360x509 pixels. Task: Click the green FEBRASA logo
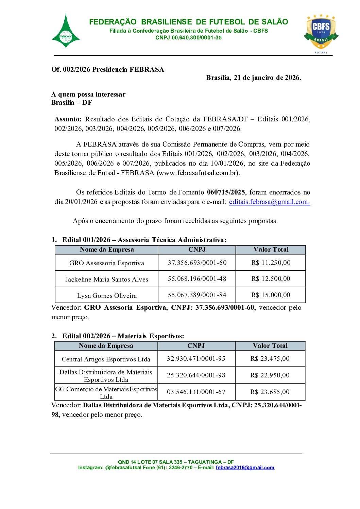pyautogui.click(x=66, y=32)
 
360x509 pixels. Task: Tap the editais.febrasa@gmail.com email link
pyautogui.click(x=269, y=202)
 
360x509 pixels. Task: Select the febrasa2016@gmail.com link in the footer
pyautogui.click(x=245, y=468)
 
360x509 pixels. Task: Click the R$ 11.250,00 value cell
pyautogui.click(x=271, y=262)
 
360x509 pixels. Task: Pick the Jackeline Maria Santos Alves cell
pyautogui.click(x=107, y=279)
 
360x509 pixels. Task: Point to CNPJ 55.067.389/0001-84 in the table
pyautogui.click(x=197, y=295)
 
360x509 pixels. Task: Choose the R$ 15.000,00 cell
pyautogui.click(x=271, y=295)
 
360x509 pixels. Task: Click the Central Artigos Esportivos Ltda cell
pyautogui.click(x=106, y=359)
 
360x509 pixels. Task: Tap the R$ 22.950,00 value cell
pyautogui.click(x=270, y=375)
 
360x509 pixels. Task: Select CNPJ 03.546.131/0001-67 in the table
pyautogui.click(x=196, y=392)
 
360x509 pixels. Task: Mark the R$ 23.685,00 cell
pyautogui.click(x=270, y=392)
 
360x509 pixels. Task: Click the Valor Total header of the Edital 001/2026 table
pyautogui.click(x=271, y=250)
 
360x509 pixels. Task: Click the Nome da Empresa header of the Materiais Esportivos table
pyautogui.click(x=106, y=346)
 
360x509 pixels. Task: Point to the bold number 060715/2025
pyautogui.click(x=226, y=192)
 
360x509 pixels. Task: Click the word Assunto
pyautogui.click(x=68, y=119)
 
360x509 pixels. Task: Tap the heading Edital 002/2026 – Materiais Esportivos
pyautogui.click(x=123, y=336)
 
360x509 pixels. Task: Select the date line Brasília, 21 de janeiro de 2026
pyautogui.click(x=253, y=78)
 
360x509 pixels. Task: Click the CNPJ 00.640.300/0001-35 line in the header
pyautogui.click(x=188, y=38)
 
